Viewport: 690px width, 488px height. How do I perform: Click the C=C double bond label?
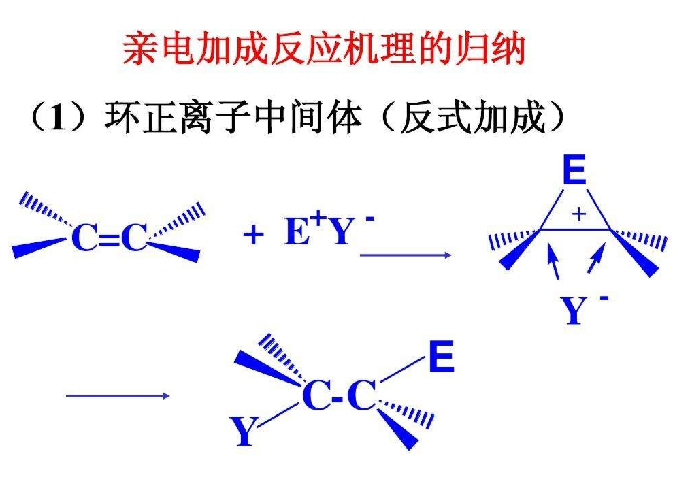109,238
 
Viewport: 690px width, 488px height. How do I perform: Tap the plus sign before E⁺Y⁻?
253,235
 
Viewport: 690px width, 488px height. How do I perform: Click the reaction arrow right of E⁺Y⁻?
406,255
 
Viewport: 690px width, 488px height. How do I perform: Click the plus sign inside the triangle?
578,214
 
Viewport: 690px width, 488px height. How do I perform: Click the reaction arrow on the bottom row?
117,395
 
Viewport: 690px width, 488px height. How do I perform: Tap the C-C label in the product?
339,396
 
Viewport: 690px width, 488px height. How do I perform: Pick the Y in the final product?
243,433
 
